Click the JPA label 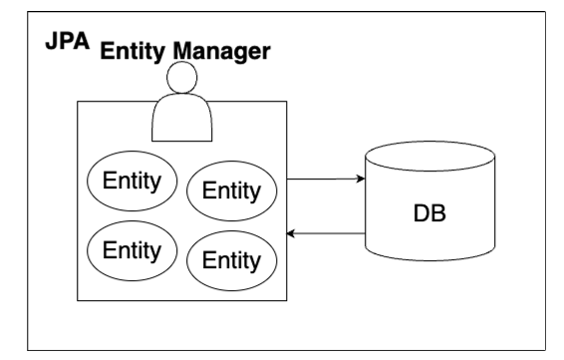(68, 41)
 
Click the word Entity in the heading (133, 51)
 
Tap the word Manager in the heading (221, 52)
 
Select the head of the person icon (182, 77)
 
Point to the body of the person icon (182, 118)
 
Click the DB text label (429, 213)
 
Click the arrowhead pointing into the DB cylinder (361, 179)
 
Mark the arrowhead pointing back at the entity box (291, 233)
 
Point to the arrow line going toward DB (326, 179)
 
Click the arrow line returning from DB (326, 233)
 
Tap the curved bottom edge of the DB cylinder (430, 260)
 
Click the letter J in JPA (52, 41)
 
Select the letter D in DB (422, 213)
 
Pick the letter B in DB (438, 213)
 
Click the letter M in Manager (182, 51)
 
